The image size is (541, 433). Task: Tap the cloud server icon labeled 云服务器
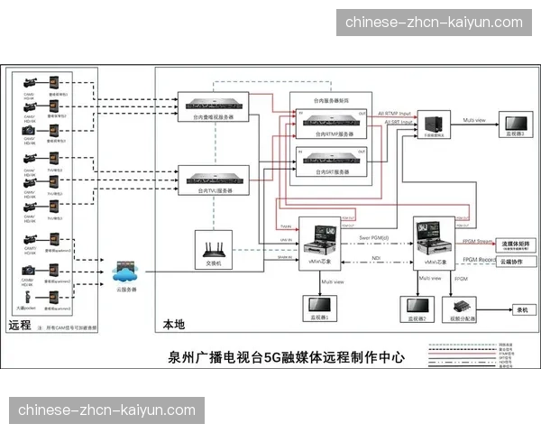[x=126, y=272]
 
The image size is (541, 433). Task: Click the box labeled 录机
[x=520, y=309]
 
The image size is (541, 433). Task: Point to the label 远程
[x=20, y=324]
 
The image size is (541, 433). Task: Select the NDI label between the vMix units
[x=375, y=258]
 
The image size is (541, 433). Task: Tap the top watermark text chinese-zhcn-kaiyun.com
[x=434, y=22]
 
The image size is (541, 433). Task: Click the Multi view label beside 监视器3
[x=474, y=119]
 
